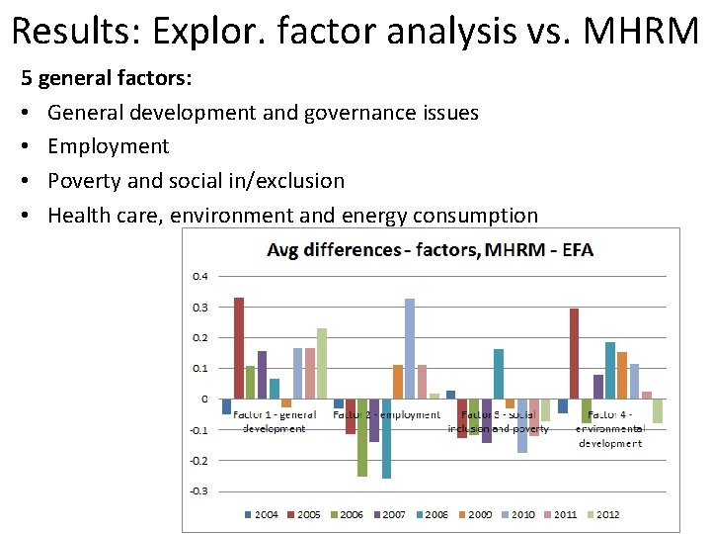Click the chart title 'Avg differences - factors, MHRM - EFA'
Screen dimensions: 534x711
(431, 249)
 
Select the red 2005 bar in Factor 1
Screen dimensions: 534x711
(239, 348)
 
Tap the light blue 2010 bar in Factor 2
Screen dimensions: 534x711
(410, 348)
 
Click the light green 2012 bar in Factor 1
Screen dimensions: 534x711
(322, 363)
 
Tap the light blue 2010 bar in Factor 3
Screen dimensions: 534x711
(522, 426)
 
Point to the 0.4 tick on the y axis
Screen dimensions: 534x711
(199, 276)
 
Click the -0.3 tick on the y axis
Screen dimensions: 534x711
(198, 490)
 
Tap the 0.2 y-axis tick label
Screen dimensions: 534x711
(199, 337)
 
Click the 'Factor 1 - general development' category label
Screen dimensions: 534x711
(274, 421)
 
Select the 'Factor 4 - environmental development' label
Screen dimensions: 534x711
(610, 429)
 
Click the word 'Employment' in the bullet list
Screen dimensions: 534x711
(109, 146)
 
